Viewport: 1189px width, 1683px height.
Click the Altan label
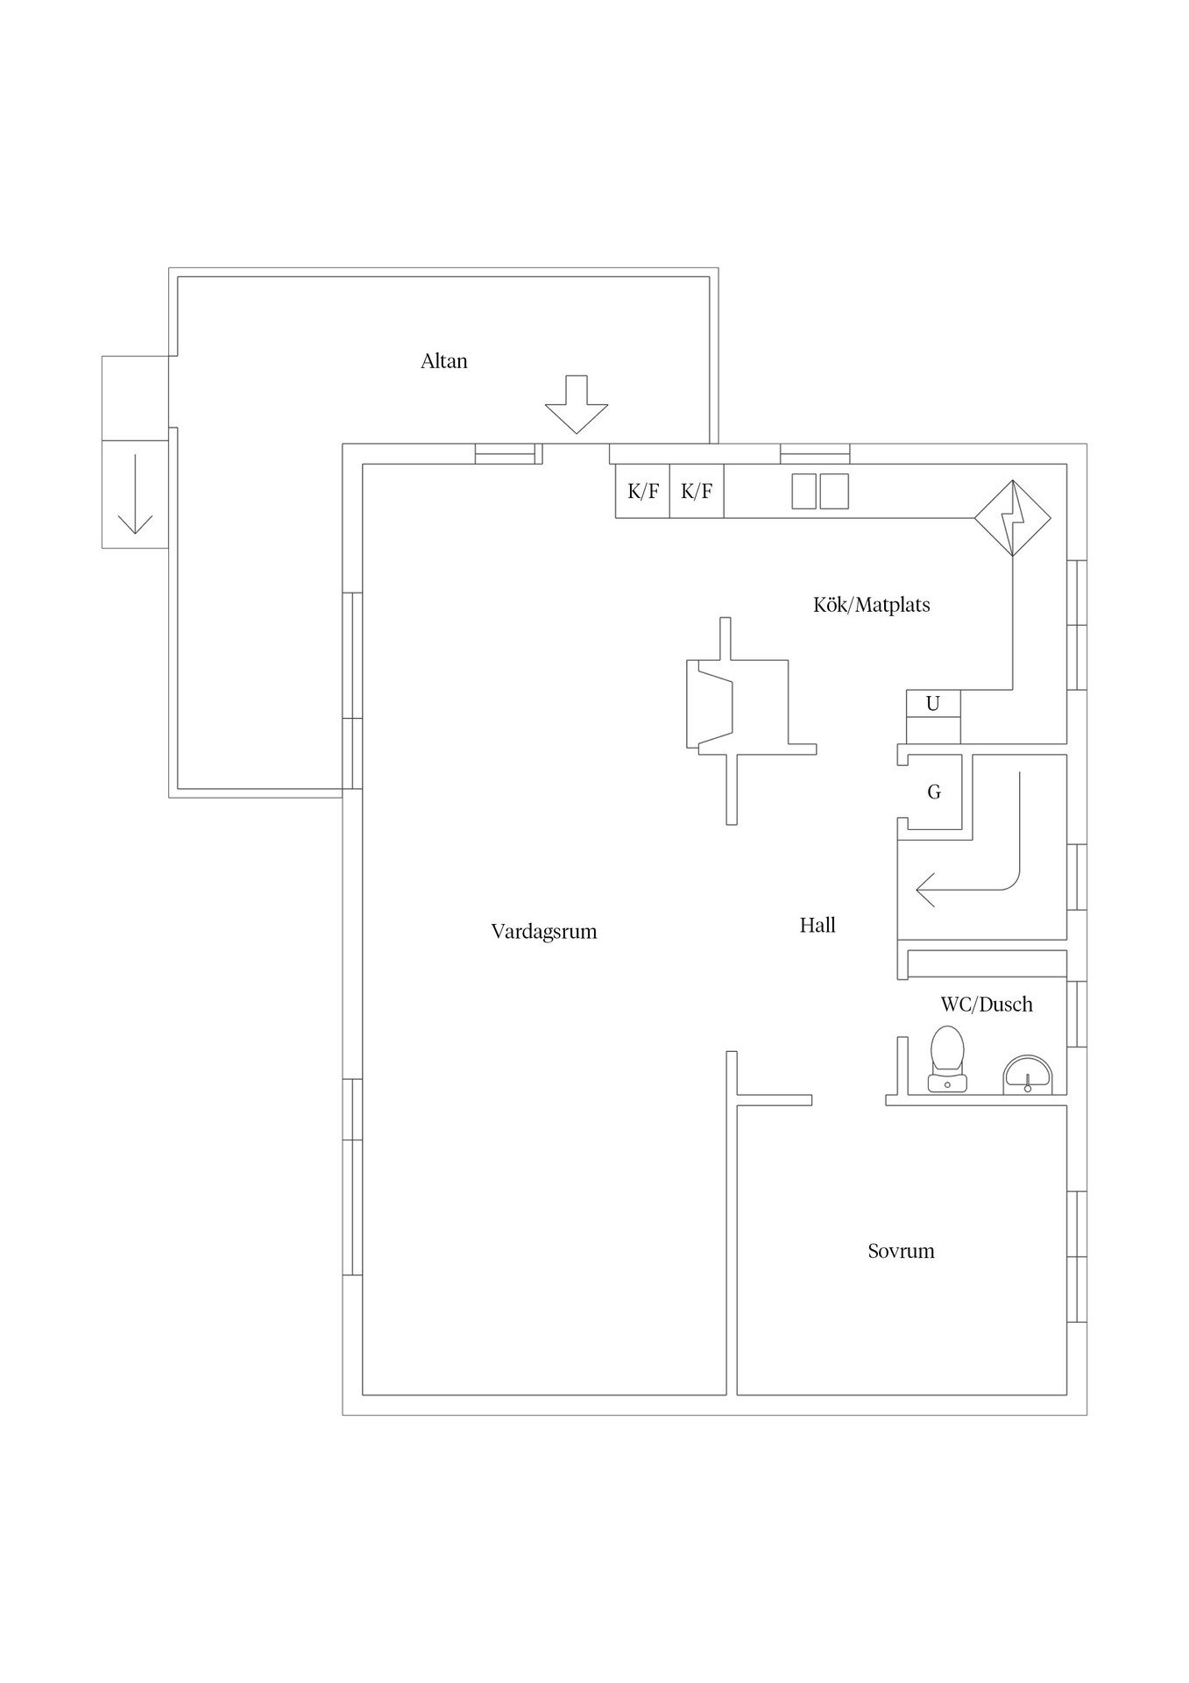[x=444, y=361]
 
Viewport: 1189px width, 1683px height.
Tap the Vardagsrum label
[x=544, y=932]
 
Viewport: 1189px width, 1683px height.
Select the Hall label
[x=817, y=925]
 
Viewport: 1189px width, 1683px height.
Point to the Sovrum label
[x=901, y=1251]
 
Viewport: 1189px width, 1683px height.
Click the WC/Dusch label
[x=987, y=1005]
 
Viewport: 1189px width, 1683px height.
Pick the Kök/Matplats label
[x=872, y=605]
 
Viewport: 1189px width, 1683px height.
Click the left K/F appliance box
[x=643, y=491]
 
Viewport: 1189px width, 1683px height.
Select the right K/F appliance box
[x=697, y=491]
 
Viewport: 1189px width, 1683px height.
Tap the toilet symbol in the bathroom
[x=947, y=1059]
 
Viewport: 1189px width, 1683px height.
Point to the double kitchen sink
[x=820, y=491]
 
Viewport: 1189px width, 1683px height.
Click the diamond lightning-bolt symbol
[x=1013, y=517]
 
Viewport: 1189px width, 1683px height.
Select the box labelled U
[x=933, y=704]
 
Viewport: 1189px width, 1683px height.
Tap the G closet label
[x=934, y=792]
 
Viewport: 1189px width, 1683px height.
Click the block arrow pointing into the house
[x=576, y=404]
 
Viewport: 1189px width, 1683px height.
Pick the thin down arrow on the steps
[x=135, y=495]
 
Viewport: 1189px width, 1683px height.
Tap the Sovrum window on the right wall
[x=1077, y=1256]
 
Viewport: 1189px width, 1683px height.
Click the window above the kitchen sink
[x=815, y=454]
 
